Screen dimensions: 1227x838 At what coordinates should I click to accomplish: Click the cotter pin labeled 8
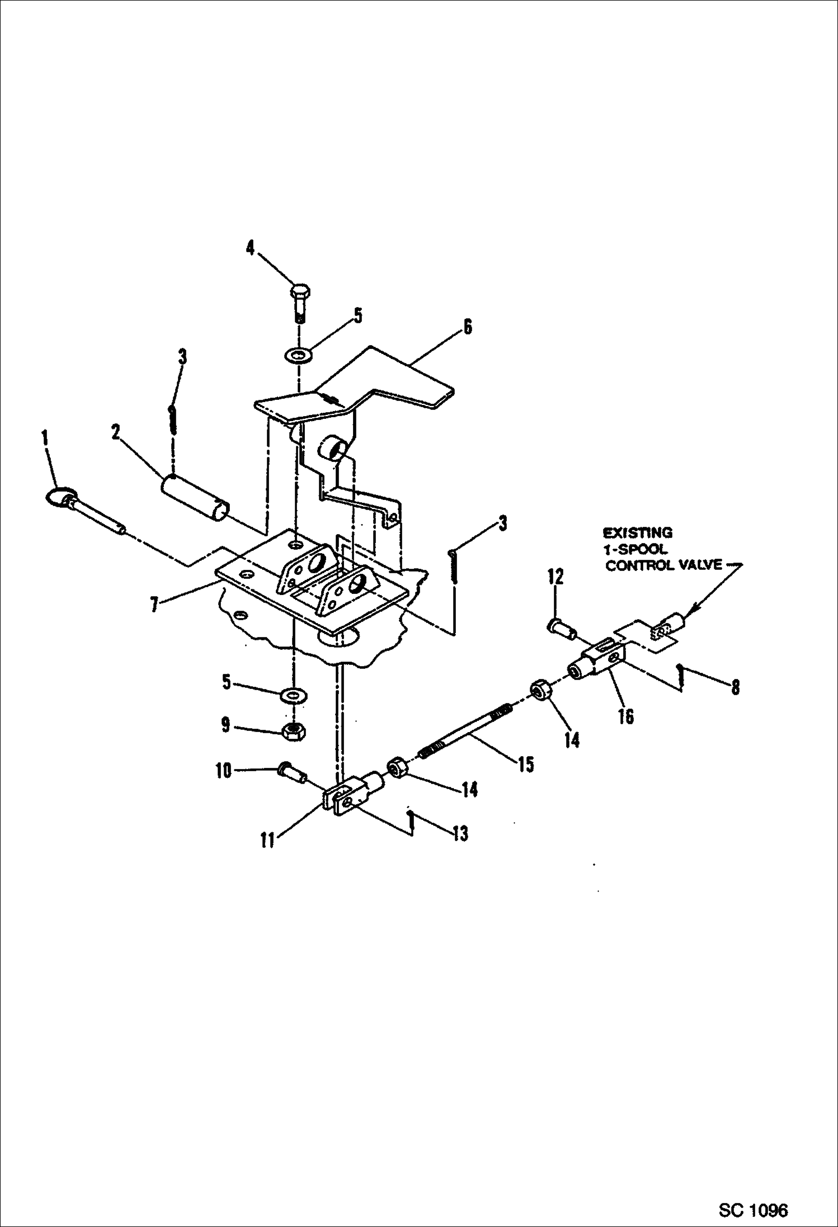point(680,677)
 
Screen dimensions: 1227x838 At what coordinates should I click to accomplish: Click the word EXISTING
point(637,533)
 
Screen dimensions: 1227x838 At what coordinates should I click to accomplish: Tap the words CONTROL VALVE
point(664,565)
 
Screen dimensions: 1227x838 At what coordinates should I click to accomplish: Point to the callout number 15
point(525,764)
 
